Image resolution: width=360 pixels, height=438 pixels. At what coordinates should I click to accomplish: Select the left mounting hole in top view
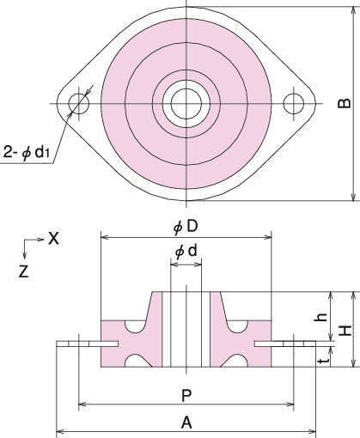tap(79, 103)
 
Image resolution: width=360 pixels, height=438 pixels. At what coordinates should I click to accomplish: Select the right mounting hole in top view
tap(294, 103)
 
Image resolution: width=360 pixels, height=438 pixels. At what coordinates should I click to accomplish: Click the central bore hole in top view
tap(186, 104)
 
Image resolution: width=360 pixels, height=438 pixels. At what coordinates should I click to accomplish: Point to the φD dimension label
tap(186, 227)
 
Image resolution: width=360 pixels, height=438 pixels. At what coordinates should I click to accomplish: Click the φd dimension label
tap(186, 252)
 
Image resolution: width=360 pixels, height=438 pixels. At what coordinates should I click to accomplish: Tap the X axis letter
tap(53, 238)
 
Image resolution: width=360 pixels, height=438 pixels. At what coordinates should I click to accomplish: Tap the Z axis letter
tap(23, 271)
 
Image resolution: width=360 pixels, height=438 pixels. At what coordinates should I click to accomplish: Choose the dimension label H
tap(345, 331)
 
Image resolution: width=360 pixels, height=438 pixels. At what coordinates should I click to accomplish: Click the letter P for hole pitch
tap(186, 396)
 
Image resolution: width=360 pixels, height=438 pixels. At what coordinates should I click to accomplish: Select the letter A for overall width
tap(186, 423)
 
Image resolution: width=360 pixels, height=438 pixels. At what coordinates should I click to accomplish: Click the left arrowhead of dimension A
tap(59, 431)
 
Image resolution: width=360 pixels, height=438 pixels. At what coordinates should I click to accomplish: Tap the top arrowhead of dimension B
tap(353, 10)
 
